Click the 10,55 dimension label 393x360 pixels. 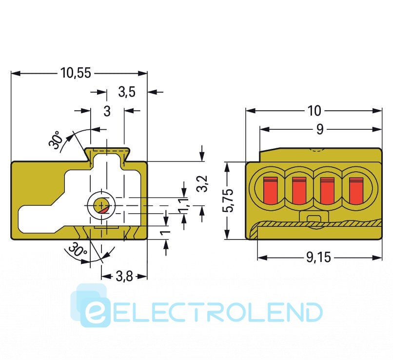point(76,73)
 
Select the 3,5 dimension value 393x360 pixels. point(127,92)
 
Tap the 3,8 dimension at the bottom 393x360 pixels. point(124,276)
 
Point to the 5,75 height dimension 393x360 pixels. point(230,200)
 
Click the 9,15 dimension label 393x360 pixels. point(318,258)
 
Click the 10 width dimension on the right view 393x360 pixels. point(314,111)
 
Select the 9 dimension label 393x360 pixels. point(320,129)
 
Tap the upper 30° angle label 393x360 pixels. point(55,140)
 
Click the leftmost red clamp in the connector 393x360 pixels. point(270,191)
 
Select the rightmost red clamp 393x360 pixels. point(356,191)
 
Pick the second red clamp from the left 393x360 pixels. point(299,191)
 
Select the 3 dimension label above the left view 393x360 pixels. point(107,111)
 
